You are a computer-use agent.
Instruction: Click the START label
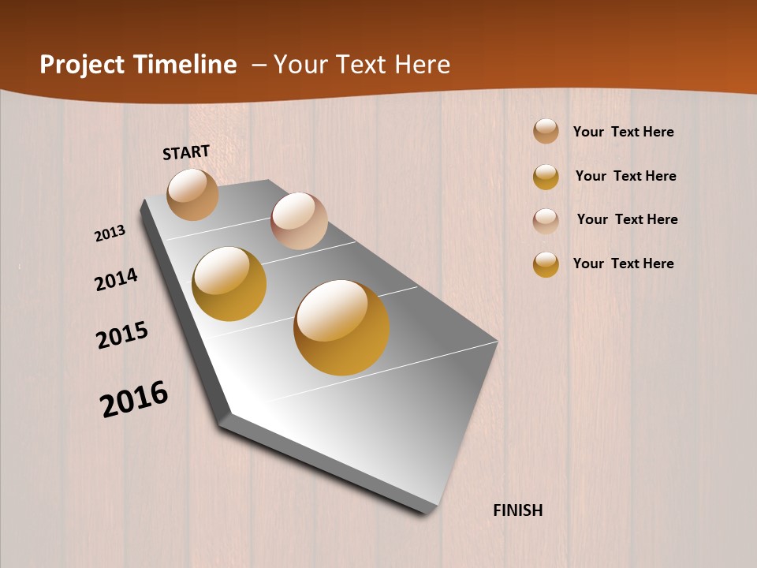pos(186,152)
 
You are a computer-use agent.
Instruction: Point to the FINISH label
pos(518,510)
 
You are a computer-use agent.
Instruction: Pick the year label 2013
pos(110,234)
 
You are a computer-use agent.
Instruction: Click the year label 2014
pos(117,279)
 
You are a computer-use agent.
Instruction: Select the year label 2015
pos(122,335)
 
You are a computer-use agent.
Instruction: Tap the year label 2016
pos(134,399)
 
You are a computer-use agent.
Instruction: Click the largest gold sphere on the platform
pos(341,327)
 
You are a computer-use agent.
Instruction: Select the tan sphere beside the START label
pos(193,194)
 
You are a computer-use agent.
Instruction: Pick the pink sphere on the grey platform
pos(299,221)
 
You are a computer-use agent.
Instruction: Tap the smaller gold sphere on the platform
pos(229,284)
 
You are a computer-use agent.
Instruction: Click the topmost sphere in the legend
pos(546,131)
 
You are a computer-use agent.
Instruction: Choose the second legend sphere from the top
pos(546,177)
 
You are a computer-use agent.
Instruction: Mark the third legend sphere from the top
pos(546,221)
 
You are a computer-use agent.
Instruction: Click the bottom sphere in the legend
pos(546,264)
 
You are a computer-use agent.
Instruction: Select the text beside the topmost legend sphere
pos(624,132)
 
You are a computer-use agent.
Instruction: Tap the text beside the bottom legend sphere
pos(624,263)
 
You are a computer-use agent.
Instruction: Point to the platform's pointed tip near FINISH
pos(430,510)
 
